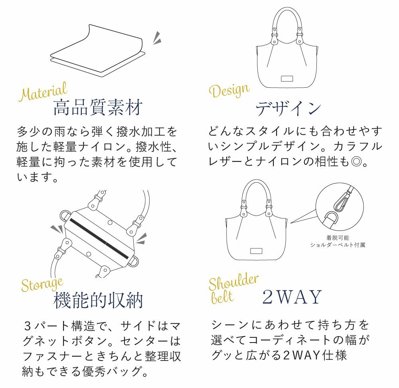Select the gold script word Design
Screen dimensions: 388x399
click(229, 91)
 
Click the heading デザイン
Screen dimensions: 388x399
click(288, 108)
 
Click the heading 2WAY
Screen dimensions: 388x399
click(292, 297)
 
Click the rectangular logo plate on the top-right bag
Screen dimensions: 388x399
click(287, 79)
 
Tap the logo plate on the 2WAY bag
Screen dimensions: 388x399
click(256, 251)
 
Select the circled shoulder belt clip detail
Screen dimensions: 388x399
click(340, 208)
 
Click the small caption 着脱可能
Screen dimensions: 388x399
click(338, 238)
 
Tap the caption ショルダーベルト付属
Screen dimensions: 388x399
click(338, 245)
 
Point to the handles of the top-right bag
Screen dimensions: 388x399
click(286, 24)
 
